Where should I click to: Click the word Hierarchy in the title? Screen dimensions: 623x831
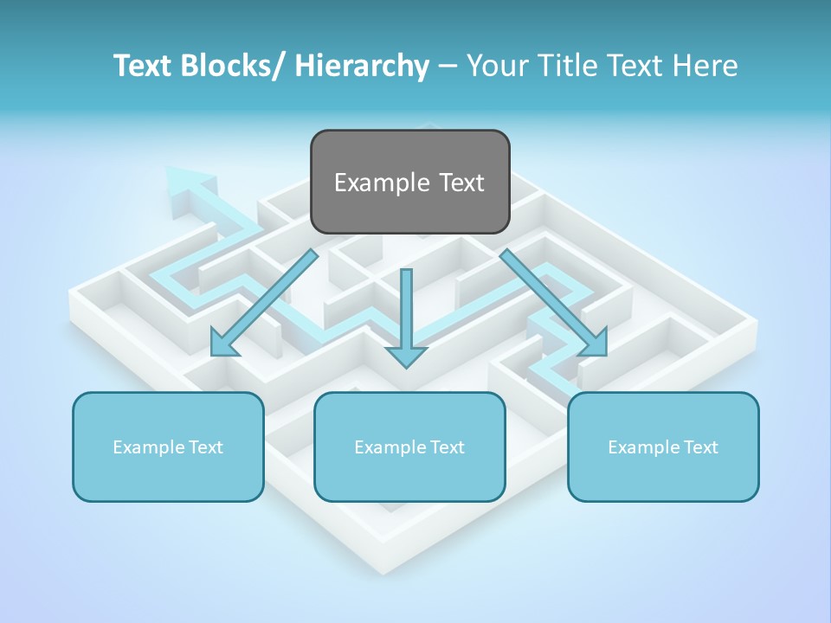click(362, 66)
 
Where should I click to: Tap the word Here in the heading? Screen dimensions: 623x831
click(707, 66)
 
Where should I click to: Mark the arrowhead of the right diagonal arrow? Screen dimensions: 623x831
click(595, 343)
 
